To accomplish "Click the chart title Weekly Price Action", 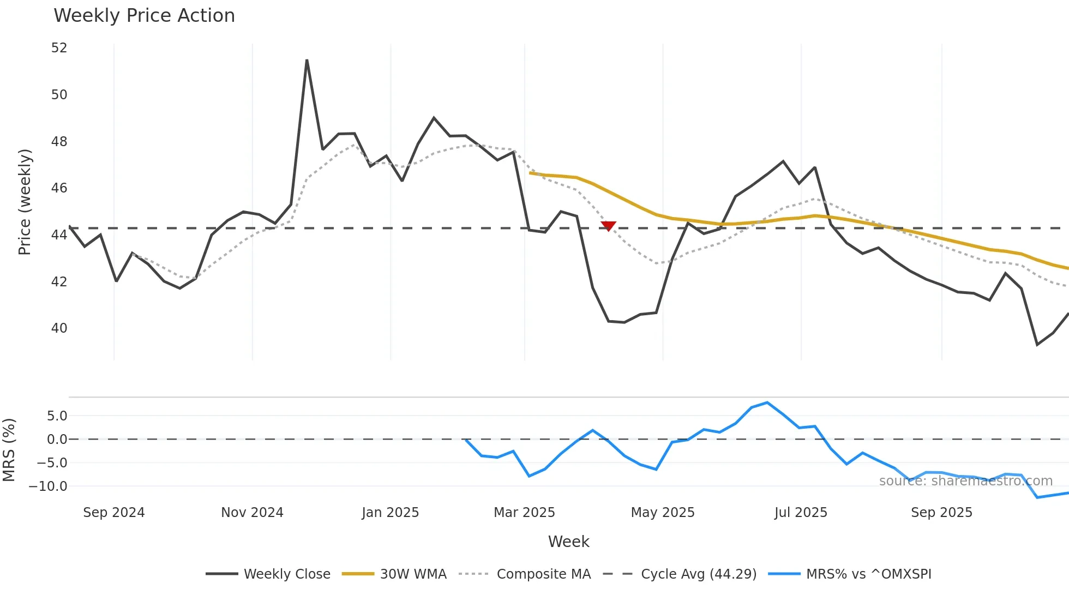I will [144, 16].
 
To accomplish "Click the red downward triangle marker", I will [608, 226].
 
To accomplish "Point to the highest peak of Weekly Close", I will [307, 61].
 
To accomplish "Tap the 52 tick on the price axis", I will [59, 48].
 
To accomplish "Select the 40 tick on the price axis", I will [59, 328].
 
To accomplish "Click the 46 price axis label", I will [59, 188].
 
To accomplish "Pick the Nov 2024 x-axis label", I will [252, 513].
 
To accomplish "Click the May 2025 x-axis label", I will [662, 513].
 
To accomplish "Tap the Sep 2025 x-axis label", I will [941, 513].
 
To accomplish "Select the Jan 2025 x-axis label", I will [390, 513].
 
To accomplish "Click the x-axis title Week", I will [568, 542].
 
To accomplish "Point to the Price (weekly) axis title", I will [25, 202].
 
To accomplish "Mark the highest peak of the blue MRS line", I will [767, 403].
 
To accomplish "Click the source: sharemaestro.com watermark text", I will [965, 481].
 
